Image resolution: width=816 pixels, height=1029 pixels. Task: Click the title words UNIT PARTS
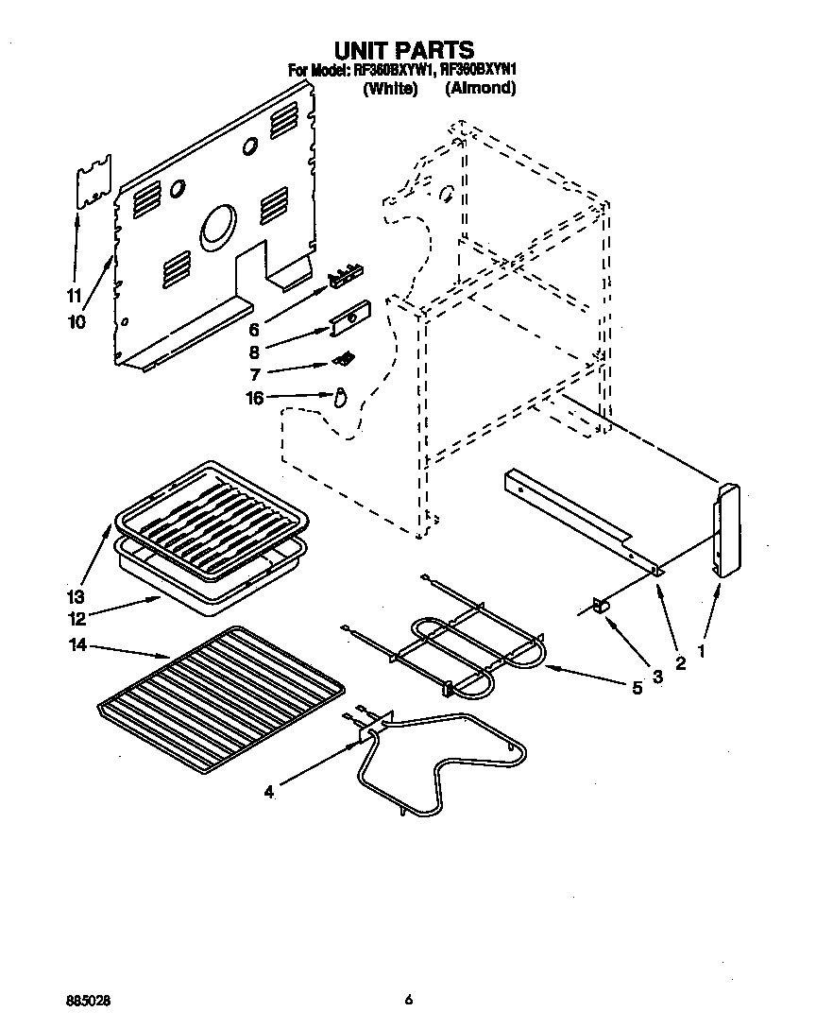[x=404, y=49]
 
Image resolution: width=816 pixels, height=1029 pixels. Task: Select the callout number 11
[x=74, y=294]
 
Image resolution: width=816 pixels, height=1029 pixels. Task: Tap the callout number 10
[x=76, y=321]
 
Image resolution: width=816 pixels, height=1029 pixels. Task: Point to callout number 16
[x=255, y=398]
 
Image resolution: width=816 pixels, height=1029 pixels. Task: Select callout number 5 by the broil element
[x=637, y=689]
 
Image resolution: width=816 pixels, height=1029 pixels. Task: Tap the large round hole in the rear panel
[x=218, y=228]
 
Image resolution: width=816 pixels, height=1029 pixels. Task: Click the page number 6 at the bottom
[x=408, y=999]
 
